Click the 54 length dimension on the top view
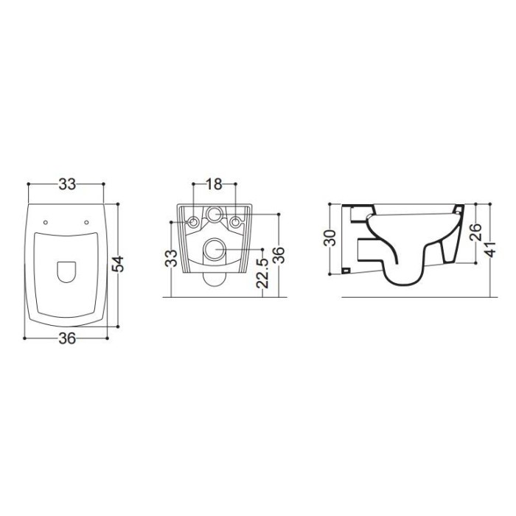pyautogui.click(x=117, y=264)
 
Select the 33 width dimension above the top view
pyautogui.click(x=67, y=184)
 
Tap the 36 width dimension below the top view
pyautogui.click(x=67, y=338)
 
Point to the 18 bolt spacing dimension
pyautogui.click(x=215, y=184)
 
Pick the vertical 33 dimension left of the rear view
pyautogui.click(x=172, y=258)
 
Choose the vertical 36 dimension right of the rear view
pyautogui.click(x=279, y=255)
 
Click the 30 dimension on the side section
pyautogui.click(x=330, y=237)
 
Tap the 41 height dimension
pyautogui.click(x=491, y=248)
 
